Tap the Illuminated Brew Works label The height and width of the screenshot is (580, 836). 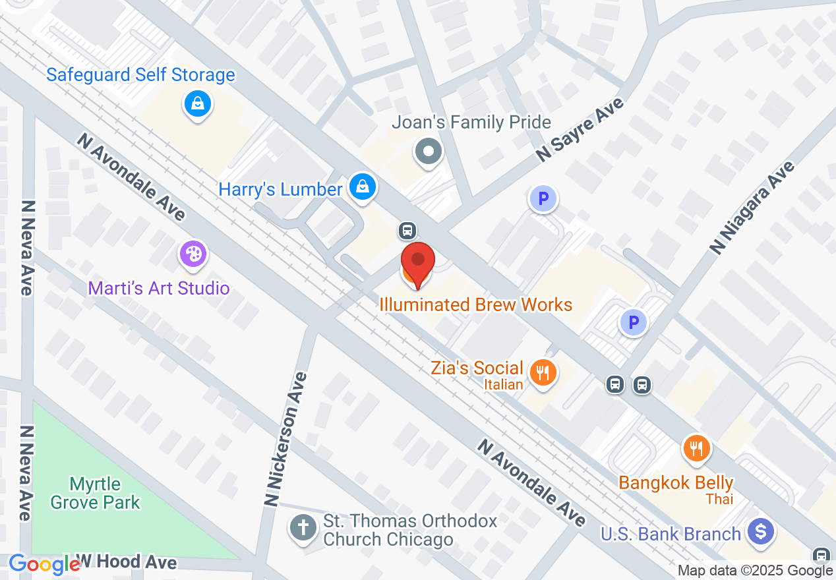[x=475, y=304]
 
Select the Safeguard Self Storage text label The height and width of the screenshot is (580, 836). [x=140, y=74]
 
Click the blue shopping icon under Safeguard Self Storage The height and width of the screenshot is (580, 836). [x=197, y=103]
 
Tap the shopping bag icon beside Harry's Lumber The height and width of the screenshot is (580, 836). [x=362, y=187]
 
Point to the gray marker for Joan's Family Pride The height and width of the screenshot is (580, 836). [x=429, y=152]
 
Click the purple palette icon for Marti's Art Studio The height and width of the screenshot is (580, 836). [x=193, y=254]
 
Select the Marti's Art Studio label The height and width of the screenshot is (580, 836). [x=159, y=288]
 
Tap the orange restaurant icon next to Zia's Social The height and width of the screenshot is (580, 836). [x=543, y=374]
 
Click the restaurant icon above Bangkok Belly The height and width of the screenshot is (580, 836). [x=696, y=449]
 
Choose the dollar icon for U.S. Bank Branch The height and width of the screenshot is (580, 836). [x=761, y=531]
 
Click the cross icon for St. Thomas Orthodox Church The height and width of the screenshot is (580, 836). [x=303, y=528]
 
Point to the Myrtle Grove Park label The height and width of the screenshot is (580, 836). [x=96, y=493]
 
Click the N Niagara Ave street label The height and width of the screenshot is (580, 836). [x=752, y=207]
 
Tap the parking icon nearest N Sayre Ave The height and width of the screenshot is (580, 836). [x=543, y=198]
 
